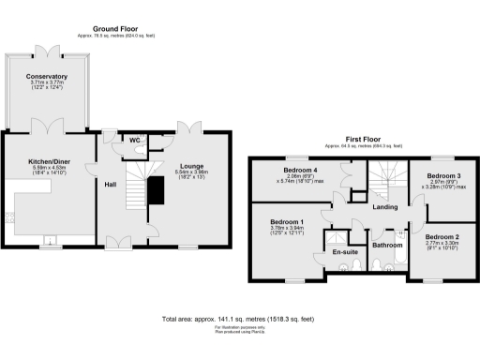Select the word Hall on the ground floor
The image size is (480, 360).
pyautogui.click(x=110, y=185)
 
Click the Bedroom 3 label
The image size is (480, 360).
pyautogui.click(x=443, y=175)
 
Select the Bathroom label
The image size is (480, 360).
pyautogui.click(x=386, y=245)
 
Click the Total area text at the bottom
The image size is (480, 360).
pyautogui.click(x=239, y=319)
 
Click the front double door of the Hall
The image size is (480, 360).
pyautogui.click(x=118, y=243)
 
